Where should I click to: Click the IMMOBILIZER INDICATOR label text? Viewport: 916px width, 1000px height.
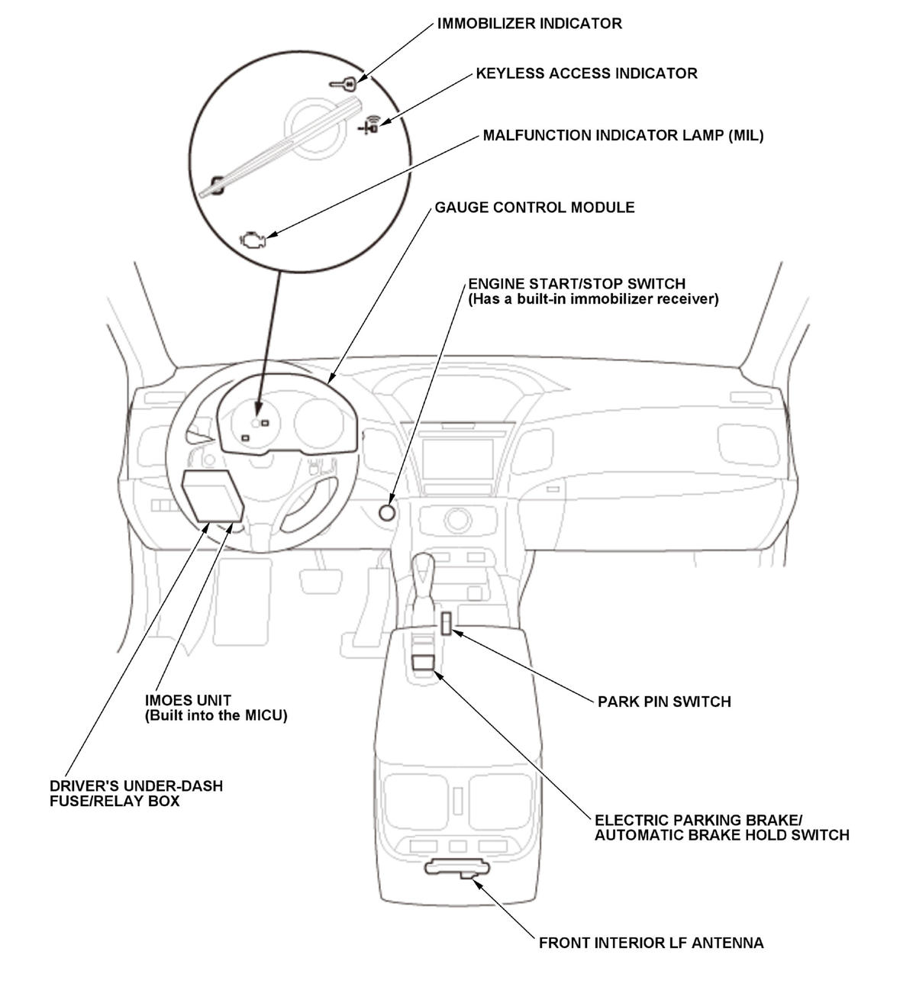coord(529,24)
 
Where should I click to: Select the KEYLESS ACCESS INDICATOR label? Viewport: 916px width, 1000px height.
coord(586,73)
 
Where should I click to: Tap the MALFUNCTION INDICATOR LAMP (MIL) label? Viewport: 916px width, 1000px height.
coord(623,136)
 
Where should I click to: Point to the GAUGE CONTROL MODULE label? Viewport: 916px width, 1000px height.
coord(534,208)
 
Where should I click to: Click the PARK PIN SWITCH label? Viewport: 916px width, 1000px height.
coord(664,702)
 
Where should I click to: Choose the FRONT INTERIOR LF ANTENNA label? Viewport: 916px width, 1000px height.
coord(650,943)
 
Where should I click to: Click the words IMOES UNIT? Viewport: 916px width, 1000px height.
coord(188,700)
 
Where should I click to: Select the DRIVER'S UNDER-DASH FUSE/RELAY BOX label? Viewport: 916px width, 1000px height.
coord(136,793)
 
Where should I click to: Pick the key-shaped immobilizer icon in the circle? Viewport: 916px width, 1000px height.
coord(343,84)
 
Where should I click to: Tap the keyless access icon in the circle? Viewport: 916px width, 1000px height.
coord(371,124)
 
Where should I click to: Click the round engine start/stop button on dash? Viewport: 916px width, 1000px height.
coord(387,512)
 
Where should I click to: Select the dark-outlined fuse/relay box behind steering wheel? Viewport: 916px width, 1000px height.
coord(212,496)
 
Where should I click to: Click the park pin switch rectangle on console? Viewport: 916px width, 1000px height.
coord(445,623)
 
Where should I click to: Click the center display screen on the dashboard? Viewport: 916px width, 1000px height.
coord(459,459)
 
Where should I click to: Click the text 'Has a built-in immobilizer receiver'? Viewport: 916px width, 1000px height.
coord(593,299)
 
